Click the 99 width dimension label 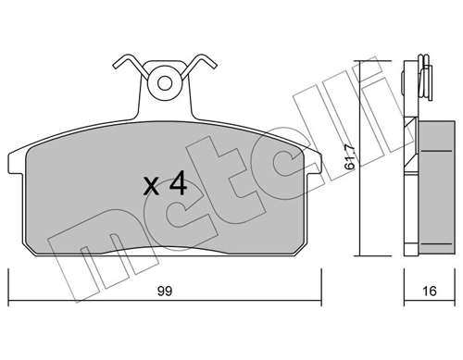(164, 290)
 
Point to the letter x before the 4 (150, 186)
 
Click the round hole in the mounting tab (165, 83)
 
